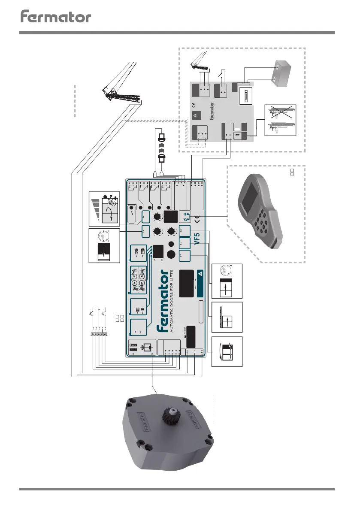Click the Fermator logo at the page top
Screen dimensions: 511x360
coord(56,17)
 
